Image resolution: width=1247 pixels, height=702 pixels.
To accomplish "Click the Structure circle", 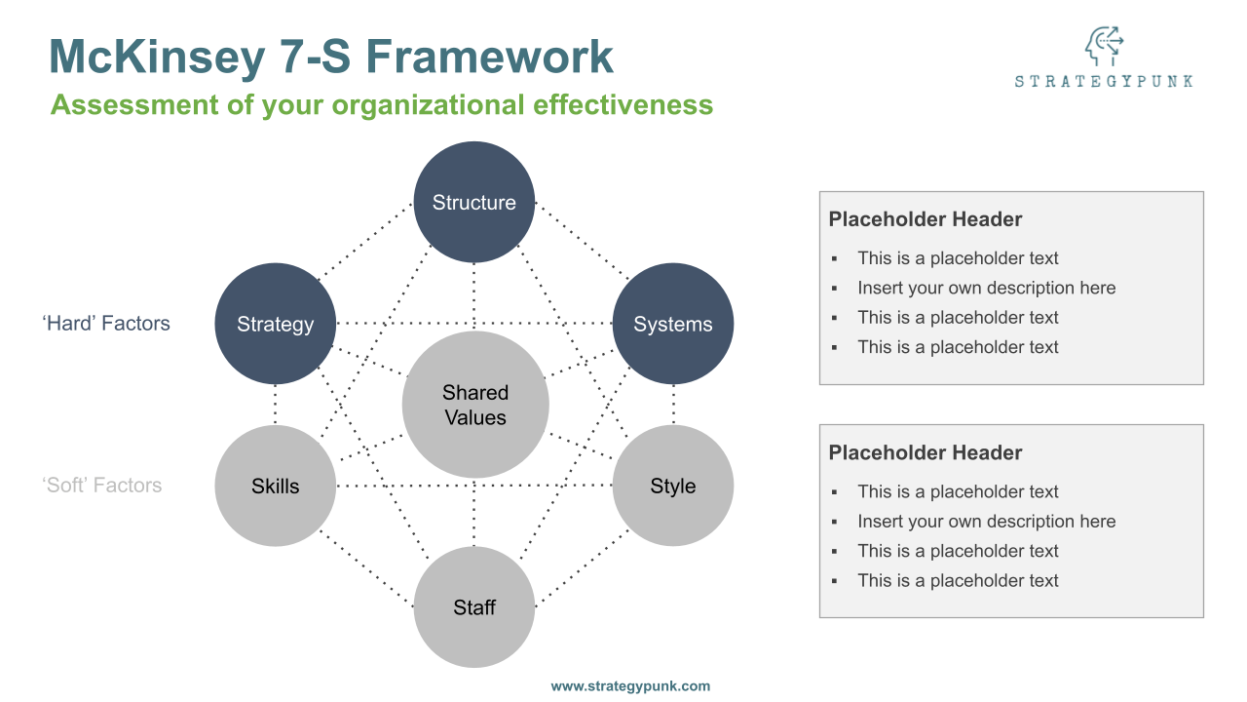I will (x=474, y=202).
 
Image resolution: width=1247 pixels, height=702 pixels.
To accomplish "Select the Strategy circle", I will (x=276, y=324).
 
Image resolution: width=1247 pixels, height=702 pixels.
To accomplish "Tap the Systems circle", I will (x=673, y=324).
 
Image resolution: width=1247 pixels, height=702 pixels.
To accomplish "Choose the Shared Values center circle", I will (x=475, y=405).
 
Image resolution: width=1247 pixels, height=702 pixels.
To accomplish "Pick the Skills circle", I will (x=276, y=486).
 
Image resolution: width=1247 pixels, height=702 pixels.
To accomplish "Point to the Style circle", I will (x=673, y=486).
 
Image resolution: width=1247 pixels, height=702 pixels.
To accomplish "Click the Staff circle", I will (x=474, y=607).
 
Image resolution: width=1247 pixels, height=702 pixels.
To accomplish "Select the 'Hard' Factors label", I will (x=106, y=324).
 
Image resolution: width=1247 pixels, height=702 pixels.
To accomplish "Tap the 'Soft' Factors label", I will (x=102, y=486).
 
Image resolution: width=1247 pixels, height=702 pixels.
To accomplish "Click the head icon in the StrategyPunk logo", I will (x=1104, y=46).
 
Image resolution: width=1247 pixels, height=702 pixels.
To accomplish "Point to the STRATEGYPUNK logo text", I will (x=1104, y=82).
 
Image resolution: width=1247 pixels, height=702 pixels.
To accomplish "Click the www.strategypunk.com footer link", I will (x=630, y=686).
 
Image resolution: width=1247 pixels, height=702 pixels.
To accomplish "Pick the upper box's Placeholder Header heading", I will (x=926, y=219).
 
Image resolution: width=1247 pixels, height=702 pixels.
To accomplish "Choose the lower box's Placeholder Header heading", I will (x=926, y=452).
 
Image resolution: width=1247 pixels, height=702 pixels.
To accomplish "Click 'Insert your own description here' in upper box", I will (x=986, y=288).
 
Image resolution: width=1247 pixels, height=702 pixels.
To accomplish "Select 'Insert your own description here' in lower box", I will (x=986, y=522).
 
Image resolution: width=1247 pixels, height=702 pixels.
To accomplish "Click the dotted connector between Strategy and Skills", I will (x=276, y=404).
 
